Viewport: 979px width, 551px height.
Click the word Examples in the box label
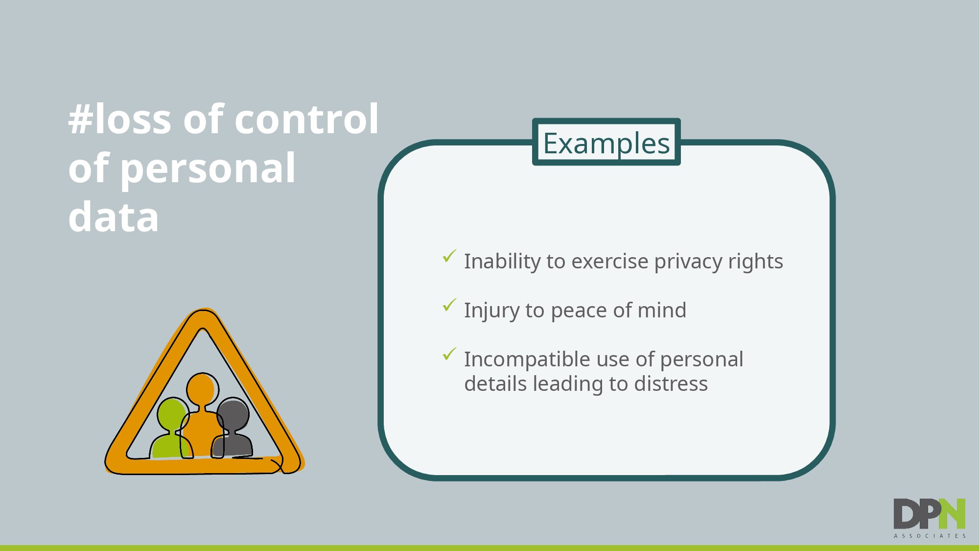pyautogui.click(x=606, y=143)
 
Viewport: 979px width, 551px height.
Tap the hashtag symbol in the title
pyautogui.click(x=81, y=120)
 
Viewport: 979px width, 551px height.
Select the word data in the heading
pyautogui.click(x=114, y=216)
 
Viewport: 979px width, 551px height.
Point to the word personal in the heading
pyautogui.click(x=208, y=169)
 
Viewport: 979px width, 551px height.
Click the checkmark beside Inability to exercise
pyautogui.click(x=449, y=256)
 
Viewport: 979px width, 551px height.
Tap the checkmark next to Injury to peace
pyautogui.click(x=449, y=305)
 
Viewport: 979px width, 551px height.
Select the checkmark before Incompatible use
pyautogui.click(x=449, y=354)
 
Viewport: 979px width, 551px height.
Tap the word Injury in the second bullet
pyautogui.click(x=492, y=311)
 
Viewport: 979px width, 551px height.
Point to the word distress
pyautogui.click(x=671, y=383)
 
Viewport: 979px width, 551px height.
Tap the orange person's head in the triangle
pyautogui.click(x=202, y=389)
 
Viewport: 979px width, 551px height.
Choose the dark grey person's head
pyautogui.click(x=233, y=414)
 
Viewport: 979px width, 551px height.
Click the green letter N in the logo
pyautogui.click(x=952, y=514)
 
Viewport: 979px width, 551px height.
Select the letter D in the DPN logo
pyautogui.click(x=906, y=514)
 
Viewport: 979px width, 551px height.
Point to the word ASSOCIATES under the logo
pyautogui.click(x=930, y=536)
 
